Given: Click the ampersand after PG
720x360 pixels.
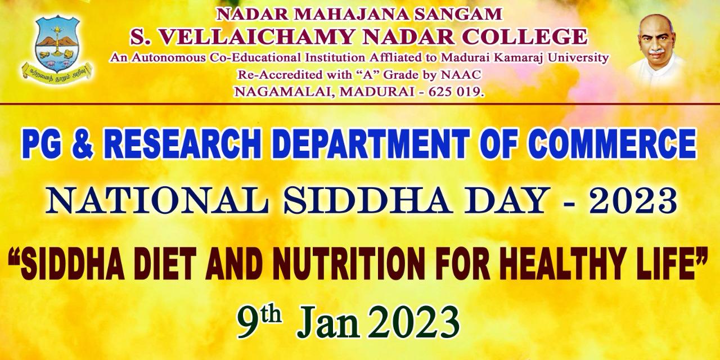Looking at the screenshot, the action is tap(83, 143).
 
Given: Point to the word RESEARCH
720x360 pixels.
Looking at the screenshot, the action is tap(182, 143).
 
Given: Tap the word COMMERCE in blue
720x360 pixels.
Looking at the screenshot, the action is tap(613, 143).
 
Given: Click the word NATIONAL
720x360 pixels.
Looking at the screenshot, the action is tap(156, 201).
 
